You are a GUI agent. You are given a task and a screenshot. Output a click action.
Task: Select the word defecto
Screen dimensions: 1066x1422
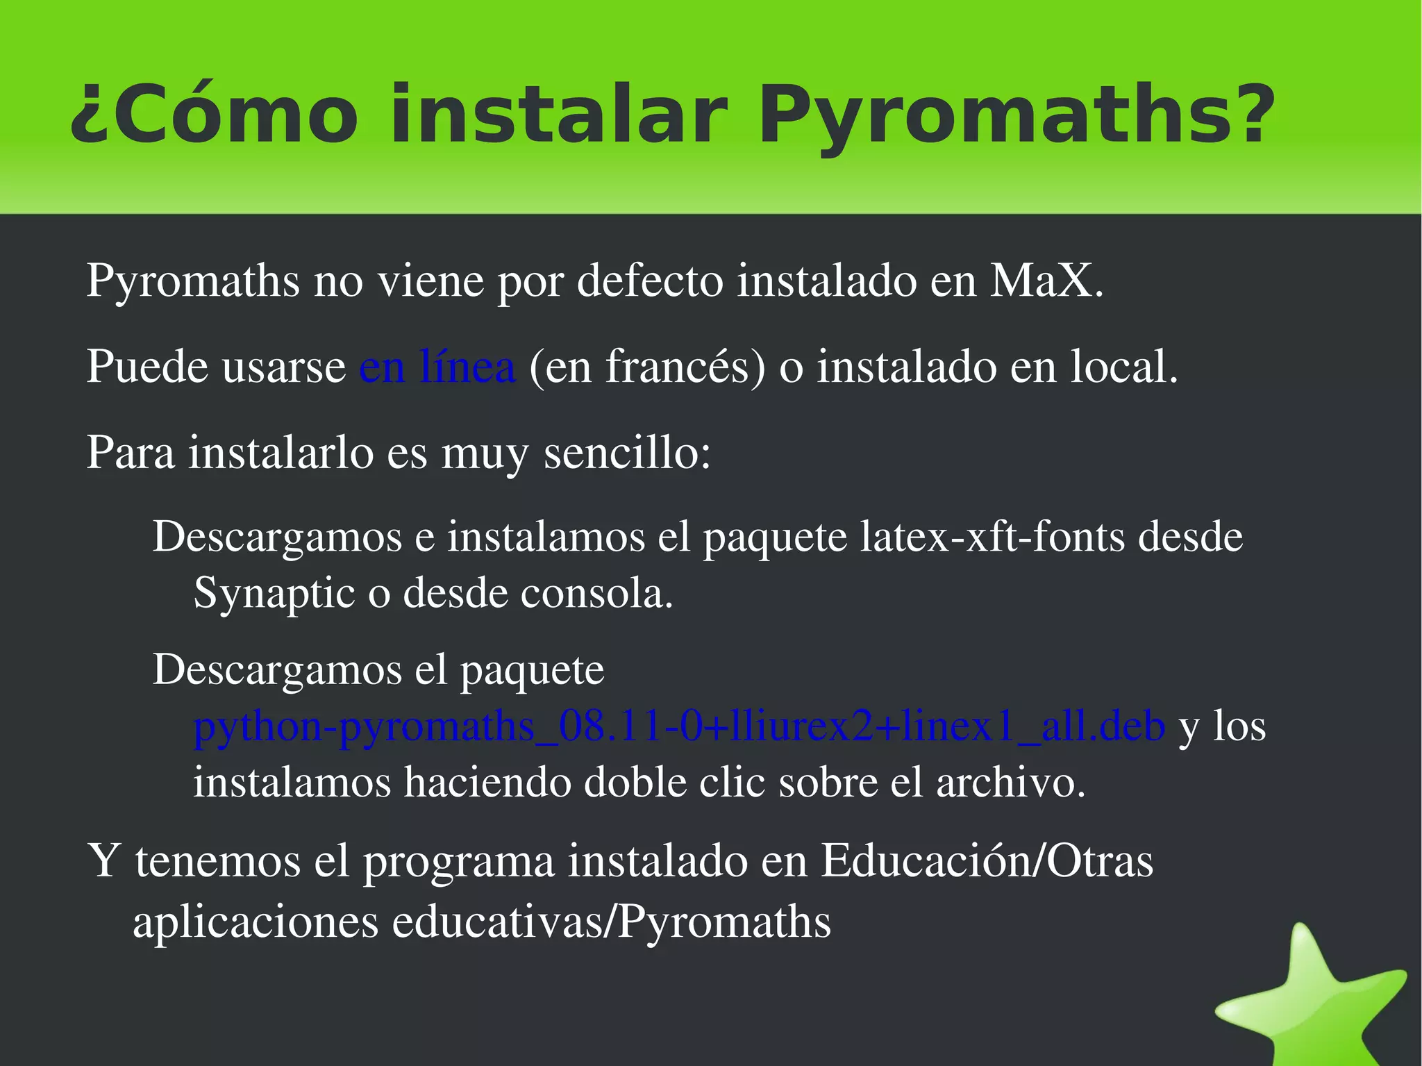click(650, 281)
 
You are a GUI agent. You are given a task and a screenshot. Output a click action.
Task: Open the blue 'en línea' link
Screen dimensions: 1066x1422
click(437, 367)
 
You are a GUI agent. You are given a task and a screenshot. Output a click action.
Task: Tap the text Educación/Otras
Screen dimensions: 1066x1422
click(987, 861)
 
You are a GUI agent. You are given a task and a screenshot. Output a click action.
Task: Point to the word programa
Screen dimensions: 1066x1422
click(459, 861)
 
